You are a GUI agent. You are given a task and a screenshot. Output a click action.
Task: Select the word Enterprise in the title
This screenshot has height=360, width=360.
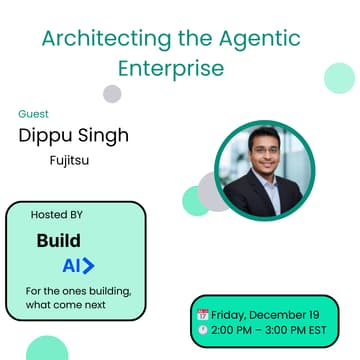point(180,69)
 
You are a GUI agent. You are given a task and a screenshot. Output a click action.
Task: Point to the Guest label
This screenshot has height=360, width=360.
point(33,114)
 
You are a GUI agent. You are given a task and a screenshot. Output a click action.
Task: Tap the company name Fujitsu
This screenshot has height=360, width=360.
point(70,158)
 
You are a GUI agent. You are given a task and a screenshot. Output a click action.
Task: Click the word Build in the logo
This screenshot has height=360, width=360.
point(58,241)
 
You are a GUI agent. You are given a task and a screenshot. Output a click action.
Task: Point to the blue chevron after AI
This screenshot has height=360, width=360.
point(89,266)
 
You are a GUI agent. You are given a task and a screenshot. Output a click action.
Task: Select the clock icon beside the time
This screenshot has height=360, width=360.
point(203,329)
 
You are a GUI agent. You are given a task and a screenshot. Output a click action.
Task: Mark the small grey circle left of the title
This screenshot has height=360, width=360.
point(112,94)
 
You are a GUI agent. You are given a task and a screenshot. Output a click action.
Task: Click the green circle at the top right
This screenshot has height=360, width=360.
point(340,77)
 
